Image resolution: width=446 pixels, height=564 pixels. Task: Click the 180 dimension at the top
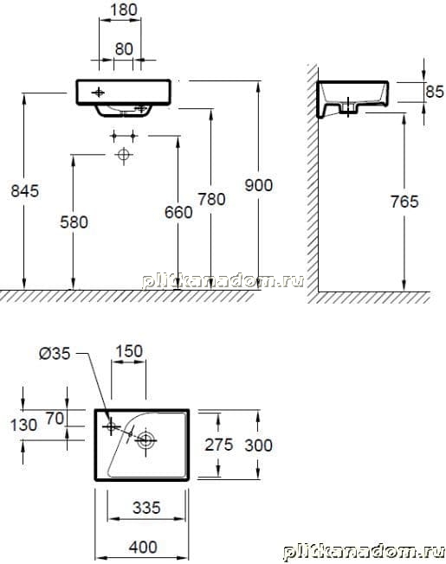124,10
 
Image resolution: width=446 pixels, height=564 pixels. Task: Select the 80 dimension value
124,49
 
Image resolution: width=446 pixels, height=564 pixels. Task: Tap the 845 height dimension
25,191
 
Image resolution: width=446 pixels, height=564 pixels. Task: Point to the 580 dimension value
74,222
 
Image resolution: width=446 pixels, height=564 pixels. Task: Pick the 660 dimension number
178,213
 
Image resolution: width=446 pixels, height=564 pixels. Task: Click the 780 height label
211,199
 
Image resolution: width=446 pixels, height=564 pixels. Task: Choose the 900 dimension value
258,185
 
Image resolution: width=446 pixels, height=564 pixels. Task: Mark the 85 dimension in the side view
435,92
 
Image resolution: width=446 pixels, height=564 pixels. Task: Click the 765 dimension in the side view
404,202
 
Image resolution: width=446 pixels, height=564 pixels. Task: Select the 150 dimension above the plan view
129,351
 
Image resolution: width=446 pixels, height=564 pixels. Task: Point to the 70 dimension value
55,419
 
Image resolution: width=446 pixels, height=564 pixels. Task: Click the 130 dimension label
23,425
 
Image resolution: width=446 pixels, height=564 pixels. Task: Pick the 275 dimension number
219,445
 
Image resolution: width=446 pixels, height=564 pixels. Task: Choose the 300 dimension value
258,445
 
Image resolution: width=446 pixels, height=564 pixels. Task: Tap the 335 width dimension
146,508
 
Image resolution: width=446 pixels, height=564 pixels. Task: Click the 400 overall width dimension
143,548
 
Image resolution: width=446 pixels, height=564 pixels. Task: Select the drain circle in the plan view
146,439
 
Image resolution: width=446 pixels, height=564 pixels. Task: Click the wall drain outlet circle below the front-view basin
124,155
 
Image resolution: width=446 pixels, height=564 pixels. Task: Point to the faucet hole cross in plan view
111,426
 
